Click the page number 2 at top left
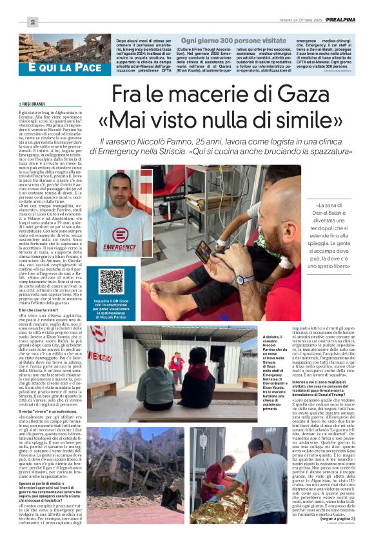pos(30,23)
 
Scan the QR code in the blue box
pos(111,281)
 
